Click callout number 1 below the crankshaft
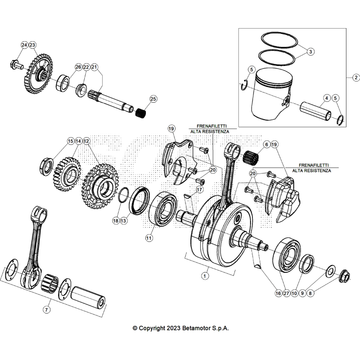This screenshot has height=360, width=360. tap(205, 275)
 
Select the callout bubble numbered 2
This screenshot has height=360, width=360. tap(355, 78)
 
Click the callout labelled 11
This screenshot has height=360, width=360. tap(149, 238)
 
